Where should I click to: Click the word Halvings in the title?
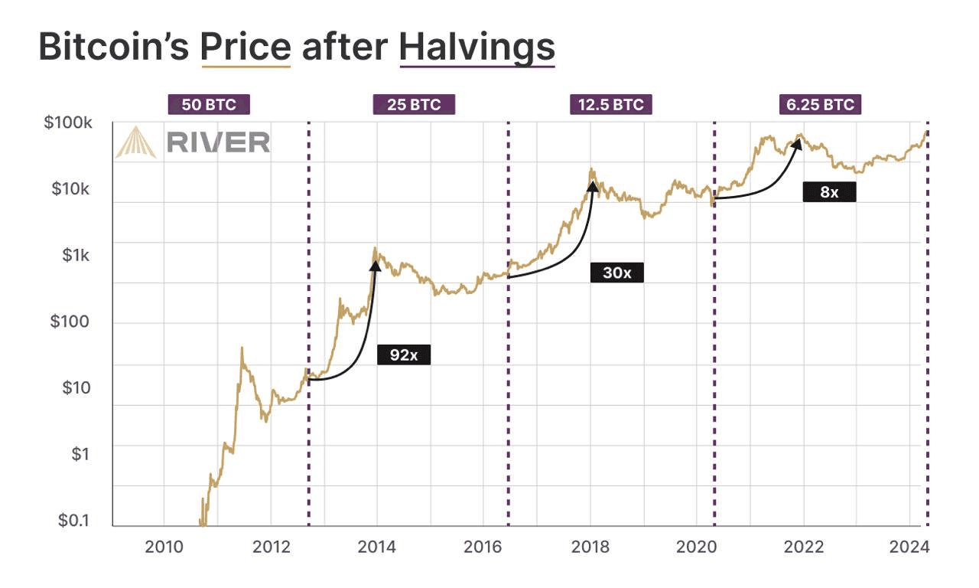point(476,47)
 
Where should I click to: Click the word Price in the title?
point(246,47)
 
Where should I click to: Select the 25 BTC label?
point(414,105)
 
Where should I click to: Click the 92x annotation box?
point(404,355)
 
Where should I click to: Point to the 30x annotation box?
point(616,272)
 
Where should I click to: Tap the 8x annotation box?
point(829,192)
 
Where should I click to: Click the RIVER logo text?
point(218,142)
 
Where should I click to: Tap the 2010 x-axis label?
point(164,547)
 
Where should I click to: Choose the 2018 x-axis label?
point(590,547)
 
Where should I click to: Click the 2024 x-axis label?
point(909,547)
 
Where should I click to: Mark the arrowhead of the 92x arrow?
point(376,265)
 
